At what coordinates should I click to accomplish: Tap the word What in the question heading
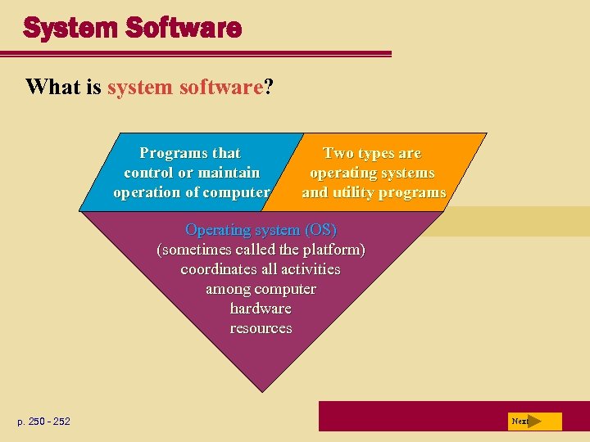click(54, 87)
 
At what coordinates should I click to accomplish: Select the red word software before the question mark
click(222, 87)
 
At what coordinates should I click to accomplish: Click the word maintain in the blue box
click(229, 173)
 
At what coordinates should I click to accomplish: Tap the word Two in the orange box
click(338, 153)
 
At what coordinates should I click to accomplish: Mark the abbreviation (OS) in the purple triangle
click(318, 229)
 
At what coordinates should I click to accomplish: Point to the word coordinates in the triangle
click(218, 268)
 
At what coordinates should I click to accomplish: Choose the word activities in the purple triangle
click(310, 268)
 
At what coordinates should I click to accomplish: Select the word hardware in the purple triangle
click(261, 308)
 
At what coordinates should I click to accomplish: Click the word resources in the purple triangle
click(261, 327)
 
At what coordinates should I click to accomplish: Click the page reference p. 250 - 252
click(43, 422)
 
